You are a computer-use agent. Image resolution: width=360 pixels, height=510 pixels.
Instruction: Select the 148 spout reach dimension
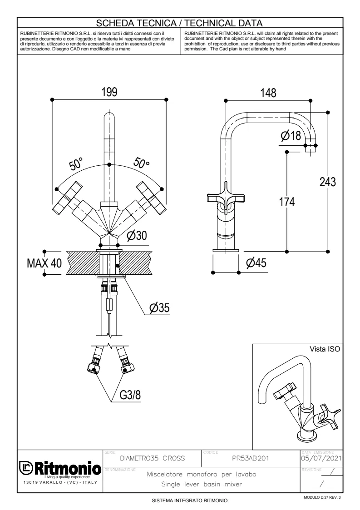[267, 93]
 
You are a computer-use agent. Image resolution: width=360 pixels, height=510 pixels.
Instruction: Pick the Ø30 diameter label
[138, 236]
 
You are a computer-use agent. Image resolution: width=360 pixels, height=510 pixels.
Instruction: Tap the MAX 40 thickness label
[44, 263]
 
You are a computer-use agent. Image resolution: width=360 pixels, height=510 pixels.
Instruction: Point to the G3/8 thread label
[130, 395]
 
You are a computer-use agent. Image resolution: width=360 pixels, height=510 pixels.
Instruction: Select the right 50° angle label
[141, 163]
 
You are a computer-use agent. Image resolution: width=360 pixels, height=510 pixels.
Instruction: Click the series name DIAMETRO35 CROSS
[152, 458]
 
